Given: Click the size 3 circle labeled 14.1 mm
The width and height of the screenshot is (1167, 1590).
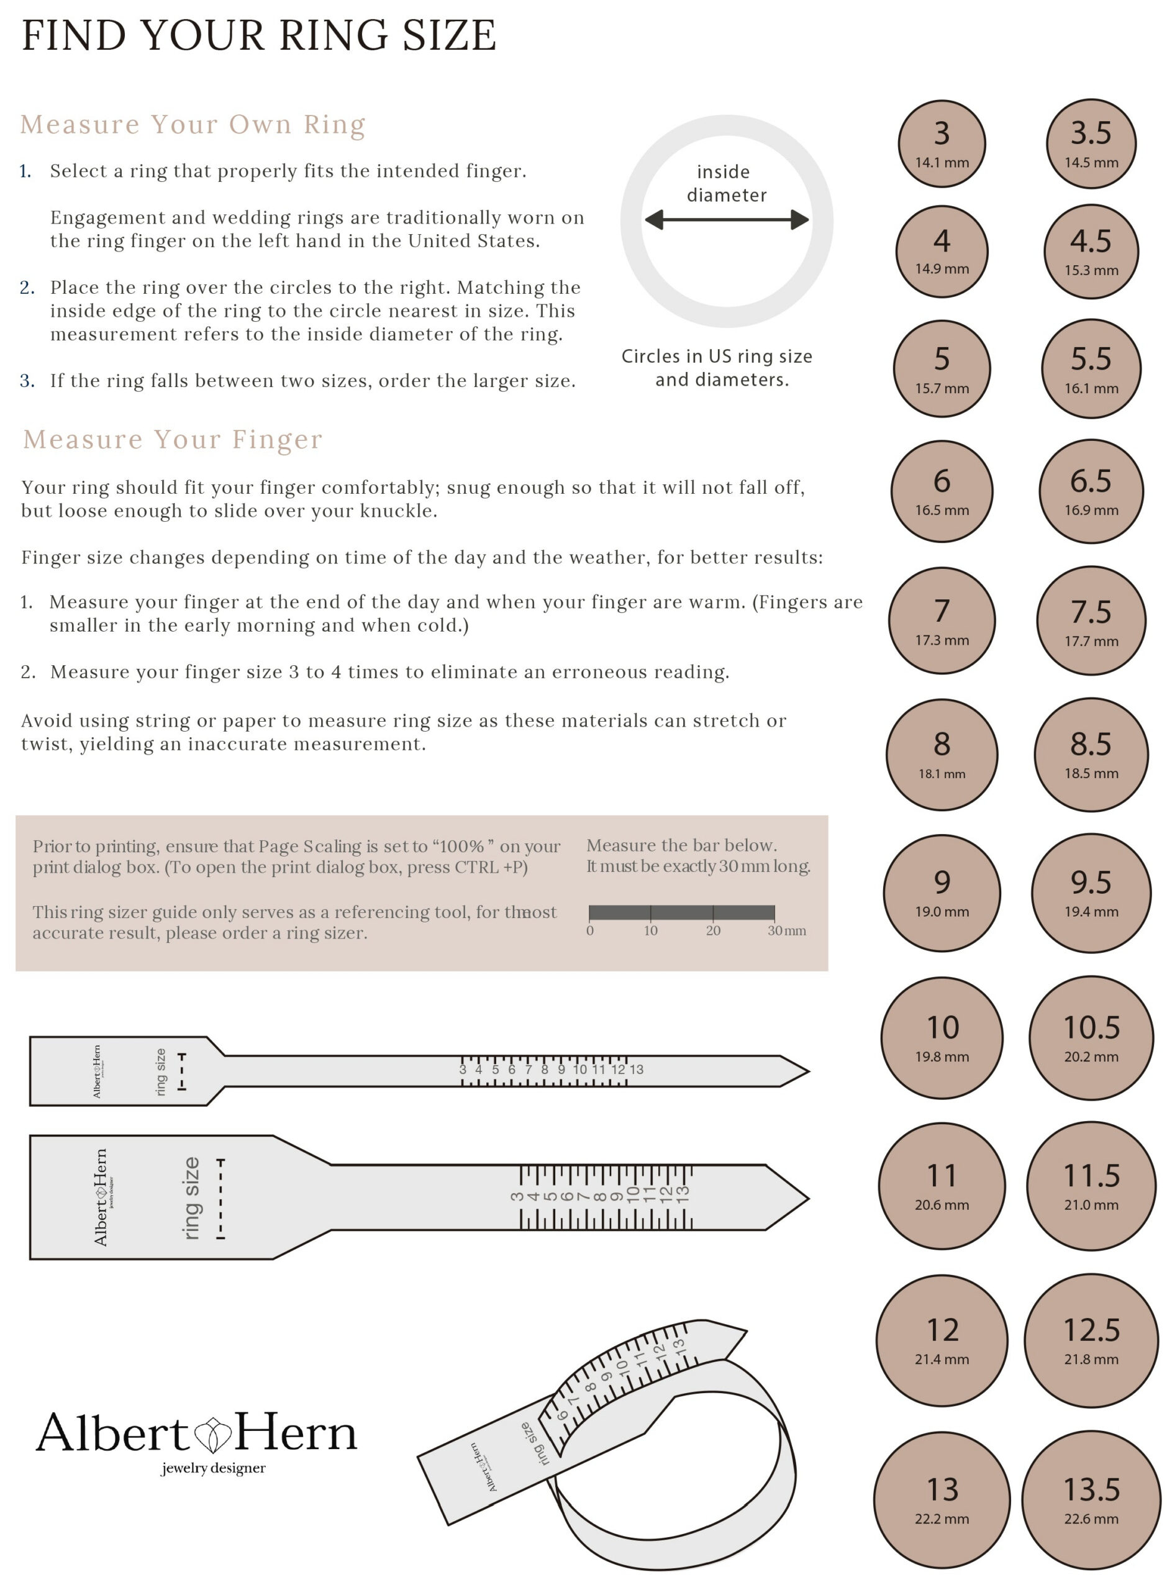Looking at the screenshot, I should click(942, 143).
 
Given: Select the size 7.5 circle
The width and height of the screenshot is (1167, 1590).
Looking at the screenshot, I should click(1091, 620).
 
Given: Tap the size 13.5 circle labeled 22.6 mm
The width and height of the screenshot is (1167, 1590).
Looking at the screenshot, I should click(1091, 1499).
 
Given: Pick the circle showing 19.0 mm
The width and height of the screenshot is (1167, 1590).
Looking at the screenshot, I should click(942, 893).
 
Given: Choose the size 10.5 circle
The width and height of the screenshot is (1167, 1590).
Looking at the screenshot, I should click(1091, 1038).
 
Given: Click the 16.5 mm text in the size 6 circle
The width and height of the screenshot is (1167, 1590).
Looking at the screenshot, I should click(942, 510).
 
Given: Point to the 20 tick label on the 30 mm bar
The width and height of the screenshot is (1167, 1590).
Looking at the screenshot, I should click(713, 931).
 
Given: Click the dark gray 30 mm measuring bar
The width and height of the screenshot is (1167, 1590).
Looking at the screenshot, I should click(682, 912).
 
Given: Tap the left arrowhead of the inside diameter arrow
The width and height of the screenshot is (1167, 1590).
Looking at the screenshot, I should click(654, 220).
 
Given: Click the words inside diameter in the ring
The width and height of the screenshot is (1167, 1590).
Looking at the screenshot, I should click(725, 183).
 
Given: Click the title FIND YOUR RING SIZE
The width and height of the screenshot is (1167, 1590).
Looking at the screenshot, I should click(258, 35).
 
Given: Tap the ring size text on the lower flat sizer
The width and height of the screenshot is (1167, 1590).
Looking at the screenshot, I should click(191, 1199).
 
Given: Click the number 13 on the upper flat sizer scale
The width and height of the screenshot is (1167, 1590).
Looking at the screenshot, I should click(637, 1070).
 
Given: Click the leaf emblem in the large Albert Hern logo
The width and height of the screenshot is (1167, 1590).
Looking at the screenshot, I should click(212, 1435).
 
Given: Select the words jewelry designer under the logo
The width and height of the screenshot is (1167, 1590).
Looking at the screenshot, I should click(212, 1468).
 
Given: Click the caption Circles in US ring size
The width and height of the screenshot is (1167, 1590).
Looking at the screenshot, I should click(716, 356).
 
